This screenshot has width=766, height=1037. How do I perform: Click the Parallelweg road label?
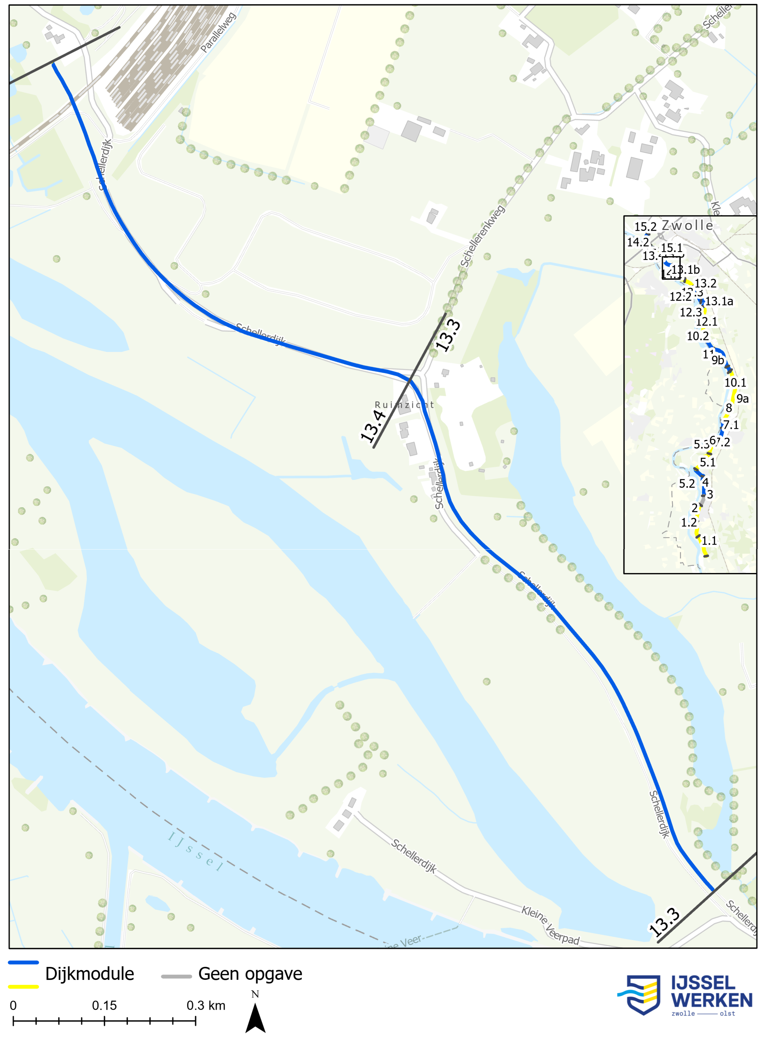218,32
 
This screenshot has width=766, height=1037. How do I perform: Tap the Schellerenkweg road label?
482,236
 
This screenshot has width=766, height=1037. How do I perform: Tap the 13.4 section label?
374,426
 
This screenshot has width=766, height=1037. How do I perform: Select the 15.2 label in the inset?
645,227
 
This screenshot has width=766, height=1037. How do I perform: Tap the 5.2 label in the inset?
687,484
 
